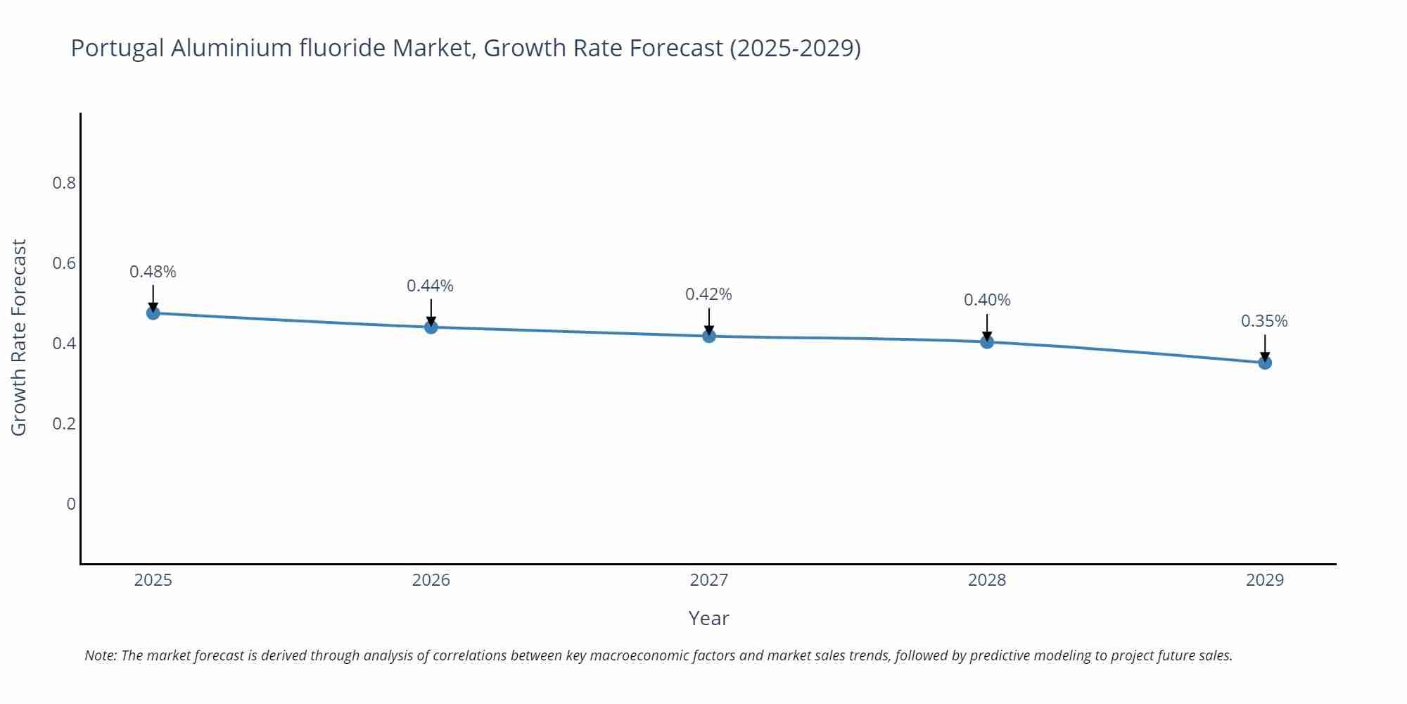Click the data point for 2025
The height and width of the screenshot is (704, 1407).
153,313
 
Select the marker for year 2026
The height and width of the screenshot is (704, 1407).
431,327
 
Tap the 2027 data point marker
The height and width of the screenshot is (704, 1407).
709,336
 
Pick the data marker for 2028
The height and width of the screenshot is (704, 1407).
987,341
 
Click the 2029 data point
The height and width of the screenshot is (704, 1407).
1265,363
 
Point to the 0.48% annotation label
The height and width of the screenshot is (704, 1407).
153,272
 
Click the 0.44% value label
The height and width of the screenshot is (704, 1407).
430,286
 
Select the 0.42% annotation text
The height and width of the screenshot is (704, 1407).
708,294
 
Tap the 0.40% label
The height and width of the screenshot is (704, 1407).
987,300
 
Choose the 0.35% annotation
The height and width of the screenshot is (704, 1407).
1264,321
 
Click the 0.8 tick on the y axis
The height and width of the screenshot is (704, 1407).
64,183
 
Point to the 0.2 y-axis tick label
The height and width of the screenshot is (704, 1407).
64,424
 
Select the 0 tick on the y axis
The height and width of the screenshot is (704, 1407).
71,504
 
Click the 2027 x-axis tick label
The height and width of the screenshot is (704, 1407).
709,580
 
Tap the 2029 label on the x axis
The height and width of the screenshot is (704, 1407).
1265,580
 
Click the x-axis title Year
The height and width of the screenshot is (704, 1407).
708,618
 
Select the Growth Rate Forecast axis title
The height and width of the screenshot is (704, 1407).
19,337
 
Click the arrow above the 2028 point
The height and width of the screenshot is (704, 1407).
987,326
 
